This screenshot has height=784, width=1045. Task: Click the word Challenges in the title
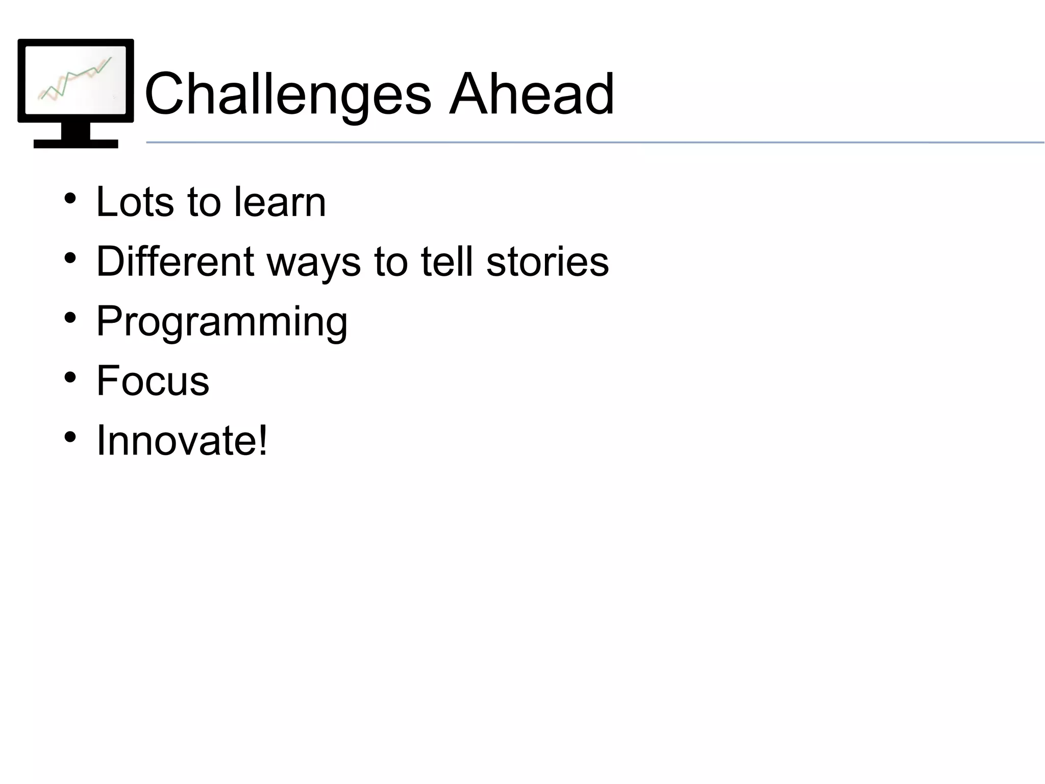pyautogui.click(x=288, y=94)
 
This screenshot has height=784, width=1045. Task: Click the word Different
pyautogui.click(x=175, y=262)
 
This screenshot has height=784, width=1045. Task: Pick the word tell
pyautogui.click(x=447, y=262)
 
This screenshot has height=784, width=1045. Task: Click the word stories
pyautogui.click(x=548, y=262)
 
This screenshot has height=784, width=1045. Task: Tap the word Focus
pyautogui.click(x=153, y=381)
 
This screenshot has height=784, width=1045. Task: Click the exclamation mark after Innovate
pyautogui.click(x=263, y=440)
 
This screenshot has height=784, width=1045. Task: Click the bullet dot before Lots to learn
pyautogui.click(x=70, y=198)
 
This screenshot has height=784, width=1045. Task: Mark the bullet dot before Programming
pyautogui.click(x=70, y=318)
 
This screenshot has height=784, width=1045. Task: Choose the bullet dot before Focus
pyautogui.click(x=70, y=377)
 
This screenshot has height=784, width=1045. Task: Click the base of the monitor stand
pyautogui.click(x=76, y=144)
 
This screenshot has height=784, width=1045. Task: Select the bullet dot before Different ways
pyautogui.click(x=70, y=258)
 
